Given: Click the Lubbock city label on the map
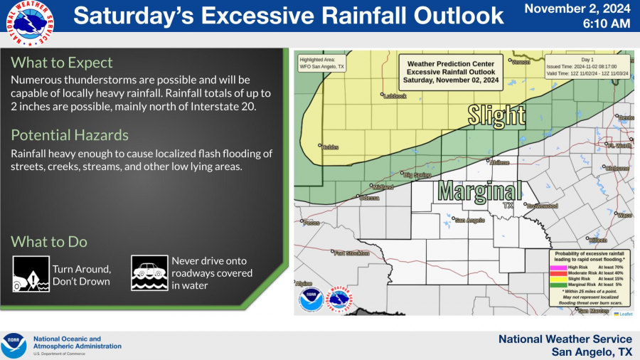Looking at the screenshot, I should coord(395,96).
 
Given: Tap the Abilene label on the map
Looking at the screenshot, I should coord(500,162).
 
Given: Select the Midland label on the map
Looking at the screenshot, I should coord(383,187).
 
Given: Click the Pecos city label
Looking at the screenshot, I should coord(312,223).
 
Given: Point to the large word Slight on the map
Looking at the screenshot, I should coord(496,115).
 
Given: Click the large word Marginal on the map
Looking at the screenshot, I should coord(479,191).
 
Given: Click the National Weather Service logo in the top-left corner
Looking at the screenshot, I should coord(23,23).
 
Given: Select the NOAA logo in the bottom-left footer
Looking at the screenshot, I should coord(14,346).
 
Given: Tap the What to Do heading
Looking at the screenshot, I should coord(49,242).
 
